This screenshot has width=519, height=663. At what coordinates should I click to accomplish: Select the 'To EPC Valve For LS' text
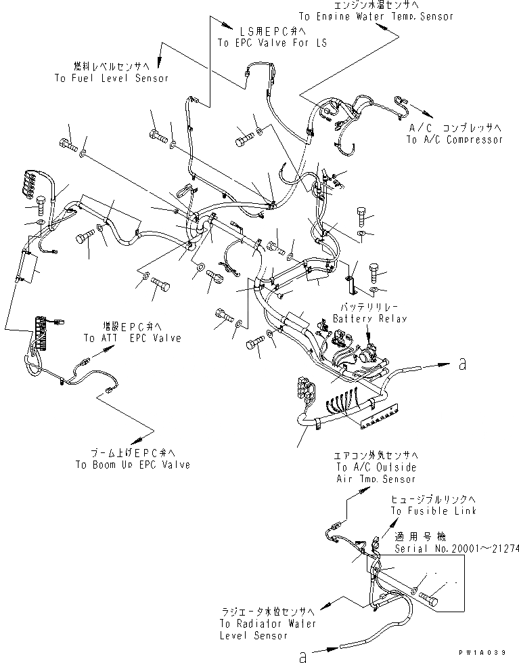coord(271,43)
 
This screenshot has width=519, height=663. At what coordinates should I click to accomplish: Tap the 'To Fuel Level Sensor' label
coord(111,78)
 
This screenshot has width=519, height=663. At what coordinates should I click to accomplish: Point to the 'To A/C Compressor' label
coord(455,140)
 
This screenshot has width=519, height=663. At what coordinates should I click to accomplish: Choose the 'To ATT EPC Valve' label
coord(133,338)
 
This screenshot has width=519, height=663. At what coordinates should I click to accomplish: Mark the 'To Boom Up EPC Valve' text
coord(133,465)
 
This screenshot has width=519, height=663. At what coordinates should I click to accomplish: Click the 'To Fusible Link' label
coord(433,511)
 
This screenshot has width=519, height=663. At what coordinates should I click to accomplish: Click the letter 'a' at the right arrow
coord(462,364)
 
